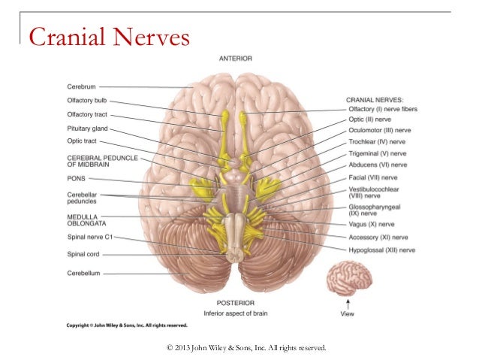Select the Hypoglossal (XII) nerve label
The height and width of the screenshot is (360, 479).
(x=382, y=249)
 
